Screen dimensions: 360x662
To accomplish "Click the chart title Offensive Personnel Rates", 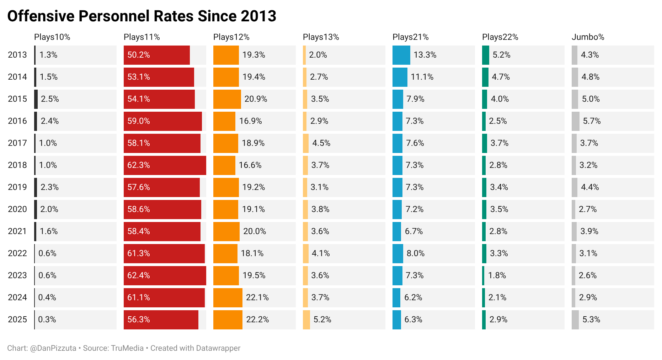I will coord(142,16).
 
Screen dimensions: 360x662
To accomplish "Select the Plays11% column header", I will coord(142,37).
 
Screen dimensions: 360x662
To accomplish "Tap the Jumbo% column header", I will coord(588,37).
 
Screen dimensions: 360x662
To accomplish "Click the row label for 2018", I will coord(17,165).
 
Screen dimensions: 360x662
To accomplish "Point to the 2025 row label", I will coord(17,319).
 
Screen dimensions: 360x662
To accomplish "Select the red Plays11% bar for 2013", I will coord(156,55).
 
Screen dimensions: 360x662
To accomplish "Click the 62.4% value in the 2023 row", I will coord(139,275).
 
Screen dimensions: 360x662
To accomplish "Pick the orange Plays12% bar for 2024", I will coord(228,298).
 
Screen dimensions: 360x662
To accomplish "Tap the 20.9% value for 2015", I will coord(256,99).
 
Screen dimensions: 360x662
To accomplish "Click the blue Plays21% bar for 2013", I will coord(401,55).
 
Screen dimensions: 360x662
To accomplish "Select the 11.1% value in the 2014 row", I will coord(422,77).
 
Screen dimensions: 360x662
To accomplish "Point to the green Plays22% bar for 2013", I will coord(485,55).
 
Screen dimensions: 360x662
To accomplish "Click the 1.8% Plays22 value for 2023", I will coord(497,275).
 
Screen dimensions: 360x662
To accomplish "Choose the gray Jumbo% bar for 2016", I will coord(575,121).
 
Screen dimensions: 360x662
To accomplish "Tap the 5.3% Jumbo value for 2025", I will coord(591,319).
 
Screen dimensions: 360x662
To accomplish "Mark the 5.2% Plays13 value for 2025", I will coord(322,319).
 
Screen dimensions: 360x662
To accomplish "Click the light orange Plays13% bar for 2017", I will coord(306,143).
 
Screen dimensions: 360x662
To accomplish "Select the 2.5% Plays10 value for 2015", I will coord(50,99).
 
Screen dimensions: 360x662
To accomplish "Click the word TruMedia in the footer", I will coord(127,348).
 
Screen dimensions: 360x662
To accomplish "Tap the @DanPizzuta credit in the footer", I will coord(53,348).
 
